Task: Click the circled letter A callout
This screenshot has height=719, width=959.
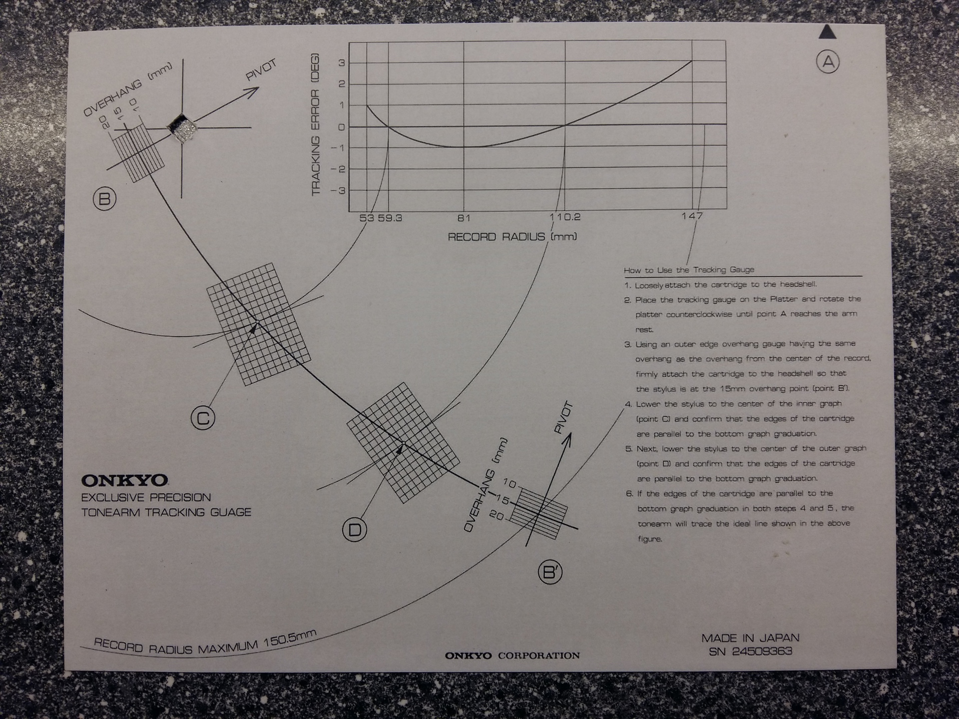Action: click(x=828, y=62)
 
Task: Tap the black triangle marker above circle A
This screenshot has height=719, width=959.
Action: click(x=828, y=32)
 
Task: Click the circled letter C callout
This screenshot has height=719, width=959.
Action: click(x=203, y=418)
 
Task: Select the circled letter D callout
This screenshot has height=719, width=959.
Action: click(x=355, y=529)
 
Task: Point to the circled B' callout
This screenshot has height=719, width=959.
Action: click(x=550, y=572)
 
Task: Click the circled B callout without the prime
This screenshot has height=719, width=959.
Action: click(x=104, y=199)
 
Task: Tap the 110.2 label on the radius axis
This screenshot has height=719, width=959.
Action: click(x=565, y=217)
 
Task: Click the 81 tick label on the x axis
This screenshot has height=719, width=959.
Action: click(x=464, y=218)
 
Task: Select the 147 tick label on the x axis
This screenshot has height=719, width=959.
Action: click(x=692, y=216)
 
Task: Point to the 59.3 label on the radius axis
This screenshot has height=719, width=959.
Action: click(x=390, y=218)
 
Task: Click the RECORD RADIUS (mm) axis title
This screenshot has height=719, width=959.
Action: click(x=512, y=237)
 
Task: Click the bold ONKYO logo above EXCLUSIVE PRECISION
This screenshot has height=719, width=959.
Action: click(x=124, y=480)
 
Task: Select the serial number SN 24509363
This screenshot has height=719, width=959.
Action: click(x=750, y=652)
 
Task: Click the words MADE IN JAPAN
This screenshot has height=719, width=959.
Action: click(x=750, y=638)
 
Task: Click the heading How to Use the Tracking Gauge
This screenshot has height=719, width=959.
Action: click(x=689, y=270)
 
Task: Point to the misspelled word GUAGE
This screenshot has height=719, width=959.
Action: click(x=230, y=512)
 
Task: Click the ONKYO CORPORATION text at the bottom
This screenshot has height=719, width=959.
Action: click(x=512, y=656)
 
